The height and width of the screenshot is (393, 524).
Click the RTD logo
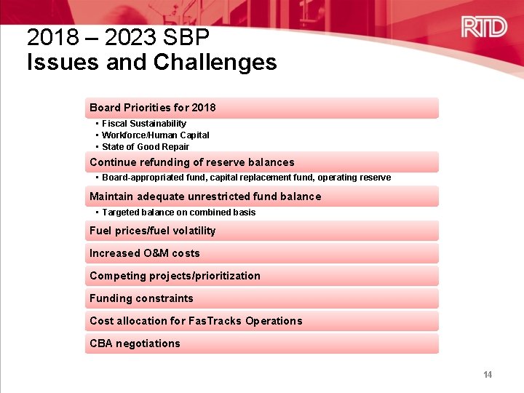(x=484, y=28)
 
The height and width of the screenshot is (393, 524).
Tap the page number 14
(x=488, y=375)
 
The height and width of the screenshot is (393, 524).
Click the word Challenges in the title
(x=215, y=63)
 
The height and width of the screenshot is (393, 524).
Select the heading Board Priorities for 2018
(x=152, y=108)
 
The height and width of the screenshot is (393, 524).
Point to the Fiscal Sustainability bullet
(x=143, y=124)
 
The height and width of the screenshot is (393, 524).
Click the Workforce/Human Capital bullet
(x=155, y=135)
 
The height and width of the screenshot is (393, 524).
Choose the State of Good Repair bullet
(x=145, y=147)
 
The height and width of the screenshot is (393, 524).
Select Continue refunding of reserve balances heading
(x=191, y=162)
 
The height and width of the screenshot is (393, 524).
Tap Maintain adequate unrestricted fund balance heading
(x=205, y=196)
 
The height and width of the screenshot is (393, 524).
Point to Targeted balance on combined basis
(x=178, y=213)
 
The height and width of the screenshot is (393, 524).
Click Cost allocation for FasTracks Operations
(x=195, y=321)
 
